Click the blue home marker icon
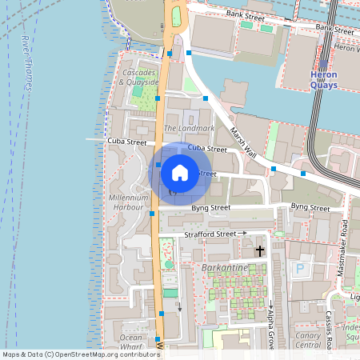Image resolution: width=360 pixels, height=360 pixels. click(180, 172)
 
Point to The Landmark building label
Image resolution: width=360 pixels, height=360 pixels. click(189, 128)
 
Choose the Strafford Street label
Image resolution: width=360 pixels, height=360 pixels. click(210, 234)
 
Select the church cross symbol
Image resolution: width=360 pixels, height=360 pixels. click(259, 251)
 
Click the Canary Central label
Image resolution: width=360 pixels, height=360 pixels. click(308, 340)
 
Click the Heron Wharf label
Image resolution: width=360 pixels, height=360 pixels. click(346, 48)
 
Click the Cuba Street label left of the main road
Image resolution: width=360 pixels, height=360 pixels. click(127, 142)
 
